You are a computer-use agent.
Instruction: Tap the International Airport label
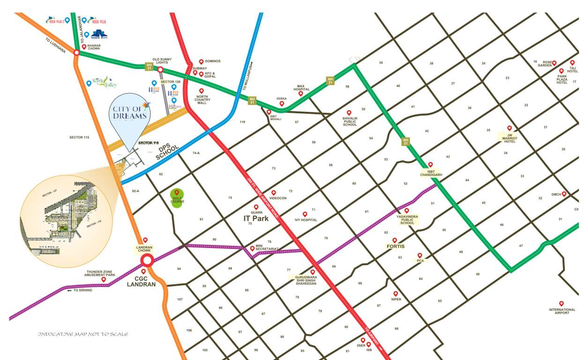tap(562, 311)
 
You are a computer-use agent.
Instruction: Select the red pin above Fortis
tap(394, 240)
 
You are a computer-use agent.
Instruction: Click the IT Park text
tap(256, 218)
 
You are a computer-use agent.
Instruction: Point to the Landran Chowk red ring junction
tap(147, 261)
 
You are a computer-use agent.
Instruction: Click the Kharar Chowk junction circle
tap(76, 52)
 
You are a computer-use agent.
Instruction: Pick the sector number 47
tap(521, 246)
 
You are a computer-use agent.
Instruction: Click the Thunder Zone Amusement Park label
tap(101, 273)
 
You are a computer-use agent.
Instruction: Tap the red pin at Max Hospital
tap(300, 94)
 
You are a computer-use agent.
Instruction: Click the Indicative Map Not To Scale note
tap(83, 334)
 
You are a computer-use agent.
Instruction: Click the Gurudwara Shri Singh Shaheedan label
tap(305, 280)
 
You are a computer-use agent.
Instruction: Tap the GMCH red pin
tap(564, 194)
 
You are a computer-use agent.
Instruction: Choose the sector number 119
tap(242, 122)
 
